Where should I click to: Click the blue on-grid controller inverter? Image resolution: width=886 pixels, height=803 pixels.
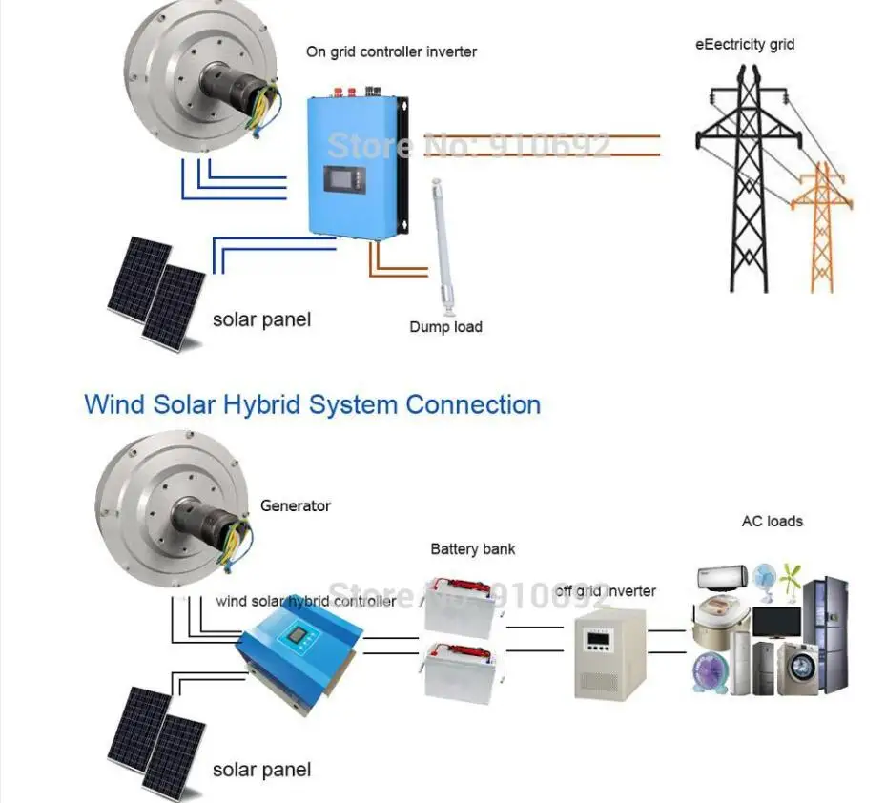click(359, 167)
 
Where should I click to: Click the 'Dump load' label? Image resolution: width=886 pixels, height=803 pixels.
click(445, 327)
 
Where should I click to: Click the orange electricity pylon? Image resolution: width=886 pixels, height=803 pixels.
click(821, 229)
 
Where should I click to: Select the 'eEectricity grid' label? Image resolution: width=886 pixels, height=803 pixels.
click(744, 45)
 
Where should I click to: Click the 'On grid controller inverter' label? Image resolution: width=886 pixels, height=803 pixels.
click(391, 51)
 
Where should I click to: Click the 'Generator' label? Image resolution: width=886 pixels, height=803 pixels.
click(296, 505)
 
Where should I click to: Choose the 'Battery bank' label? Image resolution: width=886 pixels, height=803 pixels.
click(473, 549)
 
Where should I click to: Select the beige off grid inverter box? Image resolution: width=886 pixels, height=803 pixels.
click(603, 653)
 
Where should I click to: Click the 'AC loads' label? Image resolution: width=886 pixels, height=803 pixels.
click(772, 522)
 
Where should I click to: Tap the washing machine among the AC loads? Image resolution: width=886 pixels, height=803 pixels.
click(792, 668)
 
